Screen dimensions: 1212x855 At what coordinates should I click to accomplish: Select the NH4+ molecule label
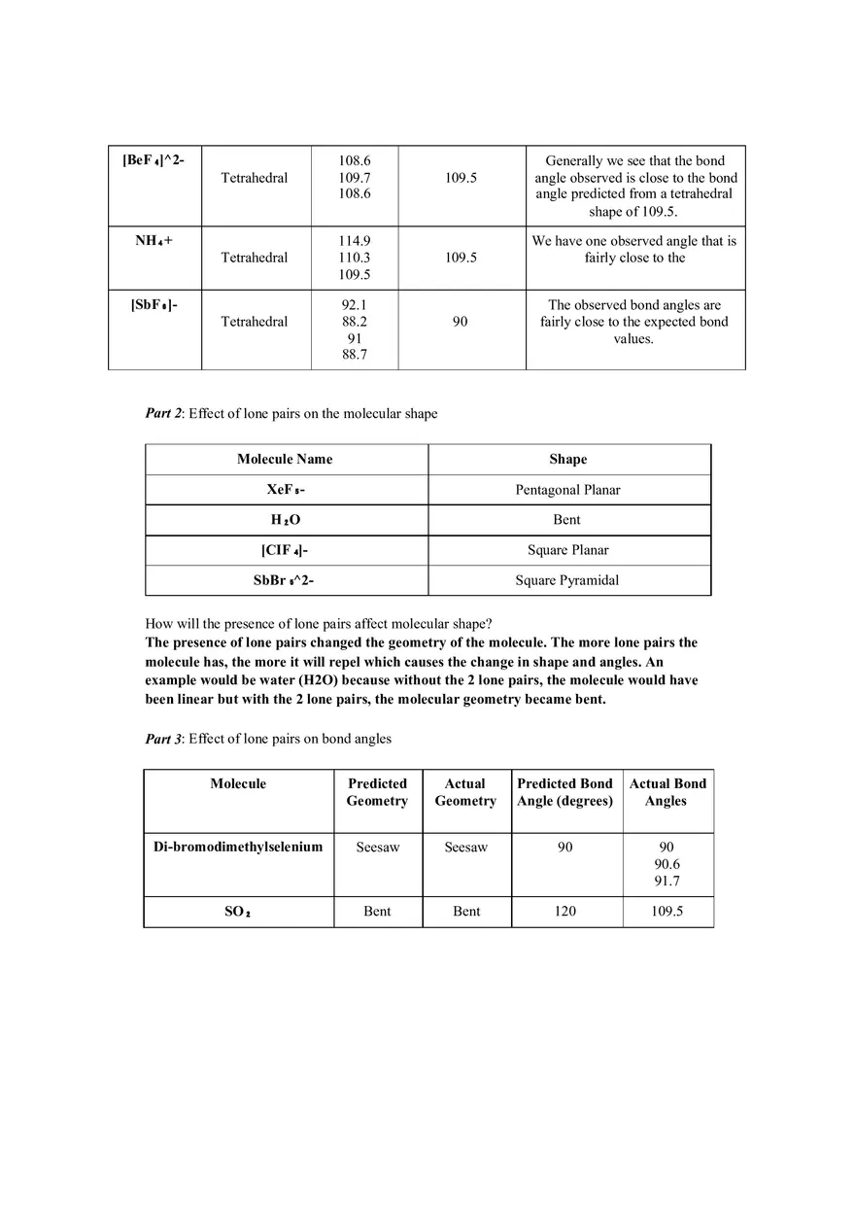tap(154, 240)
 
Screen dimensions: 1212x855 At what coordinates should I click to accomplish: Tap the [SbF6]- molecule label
tap(154, 304)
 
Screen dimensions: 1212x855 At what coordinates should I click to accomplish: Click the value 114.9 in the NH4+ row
tap(354, 241)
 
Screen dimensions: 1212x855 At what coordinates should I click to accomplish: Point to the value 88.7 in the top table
tap(354, 355)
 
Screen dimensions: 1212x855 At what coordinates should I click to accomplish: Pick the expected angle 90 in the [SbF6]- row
tap(461, 322)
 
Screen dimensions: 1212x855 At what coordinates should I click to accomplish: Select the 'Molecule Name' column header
tap(285, 459)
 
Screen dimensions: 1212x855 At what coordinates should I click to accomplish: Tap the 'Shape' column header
tap(567, 459)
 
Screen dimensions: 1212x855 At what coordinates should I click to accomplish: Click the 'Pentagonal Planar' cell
tap(567, 490)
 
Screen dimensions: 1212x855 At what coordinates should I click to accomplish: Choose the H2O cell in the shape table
tap(286, 520)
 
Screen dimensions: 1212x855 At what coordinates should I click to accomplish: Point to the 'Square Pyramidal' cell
tap(567, 580)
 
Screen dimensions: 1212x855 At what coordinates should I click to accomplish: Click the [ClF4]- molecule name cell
tap(285, 550)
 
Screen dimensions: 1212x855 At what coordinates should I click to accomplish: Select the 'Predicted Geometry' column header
tap(377, 792)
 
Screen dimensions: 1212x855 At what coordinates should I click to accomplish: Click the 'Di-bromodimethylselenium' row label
tap(238, 847)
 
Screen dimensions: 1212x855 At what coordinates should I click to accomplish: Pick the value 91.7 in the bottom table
tap(667, 882)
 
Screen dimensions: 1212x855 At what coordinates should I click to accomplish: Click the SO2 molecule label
tap(238, 912)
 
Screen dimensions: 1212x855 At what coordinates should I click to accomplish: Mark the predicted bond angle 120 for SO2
tap(564, 911)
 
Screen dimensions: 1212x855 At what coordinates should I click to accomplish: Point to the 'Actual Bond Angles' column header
tap(667, 792)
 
